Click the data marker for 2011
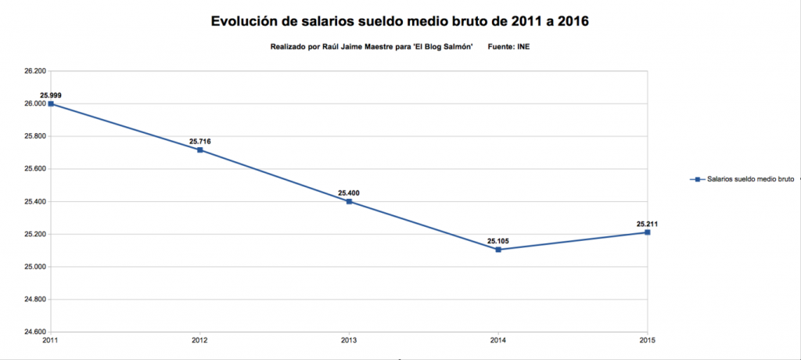click(x=51, y=103)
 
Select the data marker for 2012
click(x=200, y=149)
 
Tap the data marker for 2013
click(x=349, y=201)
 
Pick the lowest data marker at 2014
click(x=498, y=250)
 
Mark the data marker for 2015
click(x=648, y=232)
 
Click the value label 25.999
click(x=51, y=95)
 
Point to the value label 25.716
click(x=200, y=142)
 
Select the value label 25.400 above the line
click(x=349, y=193)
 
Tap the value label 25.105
click(x=498, y=241)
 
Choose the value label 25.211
click(x=648, y=224)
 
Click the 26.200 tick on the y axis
click(x=35, y=71)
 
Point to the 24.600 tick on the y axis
click(x=35, y=332)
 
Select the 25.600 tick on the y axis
click(x=35, y=169)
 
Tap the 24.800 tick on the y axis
click(x=35, y=300)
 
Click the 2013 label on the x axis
click(x=349, y=339)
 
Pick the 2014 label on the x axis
click(x=498, y=339)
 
